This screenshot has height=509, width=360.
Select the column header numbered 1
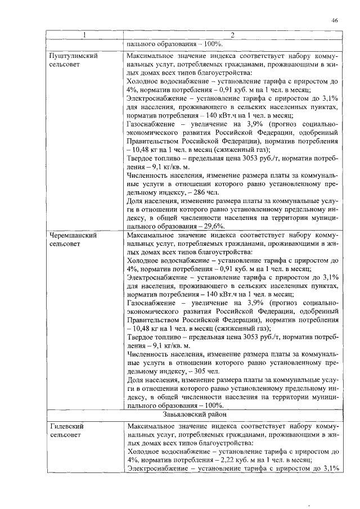click(x=84, y=35)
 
